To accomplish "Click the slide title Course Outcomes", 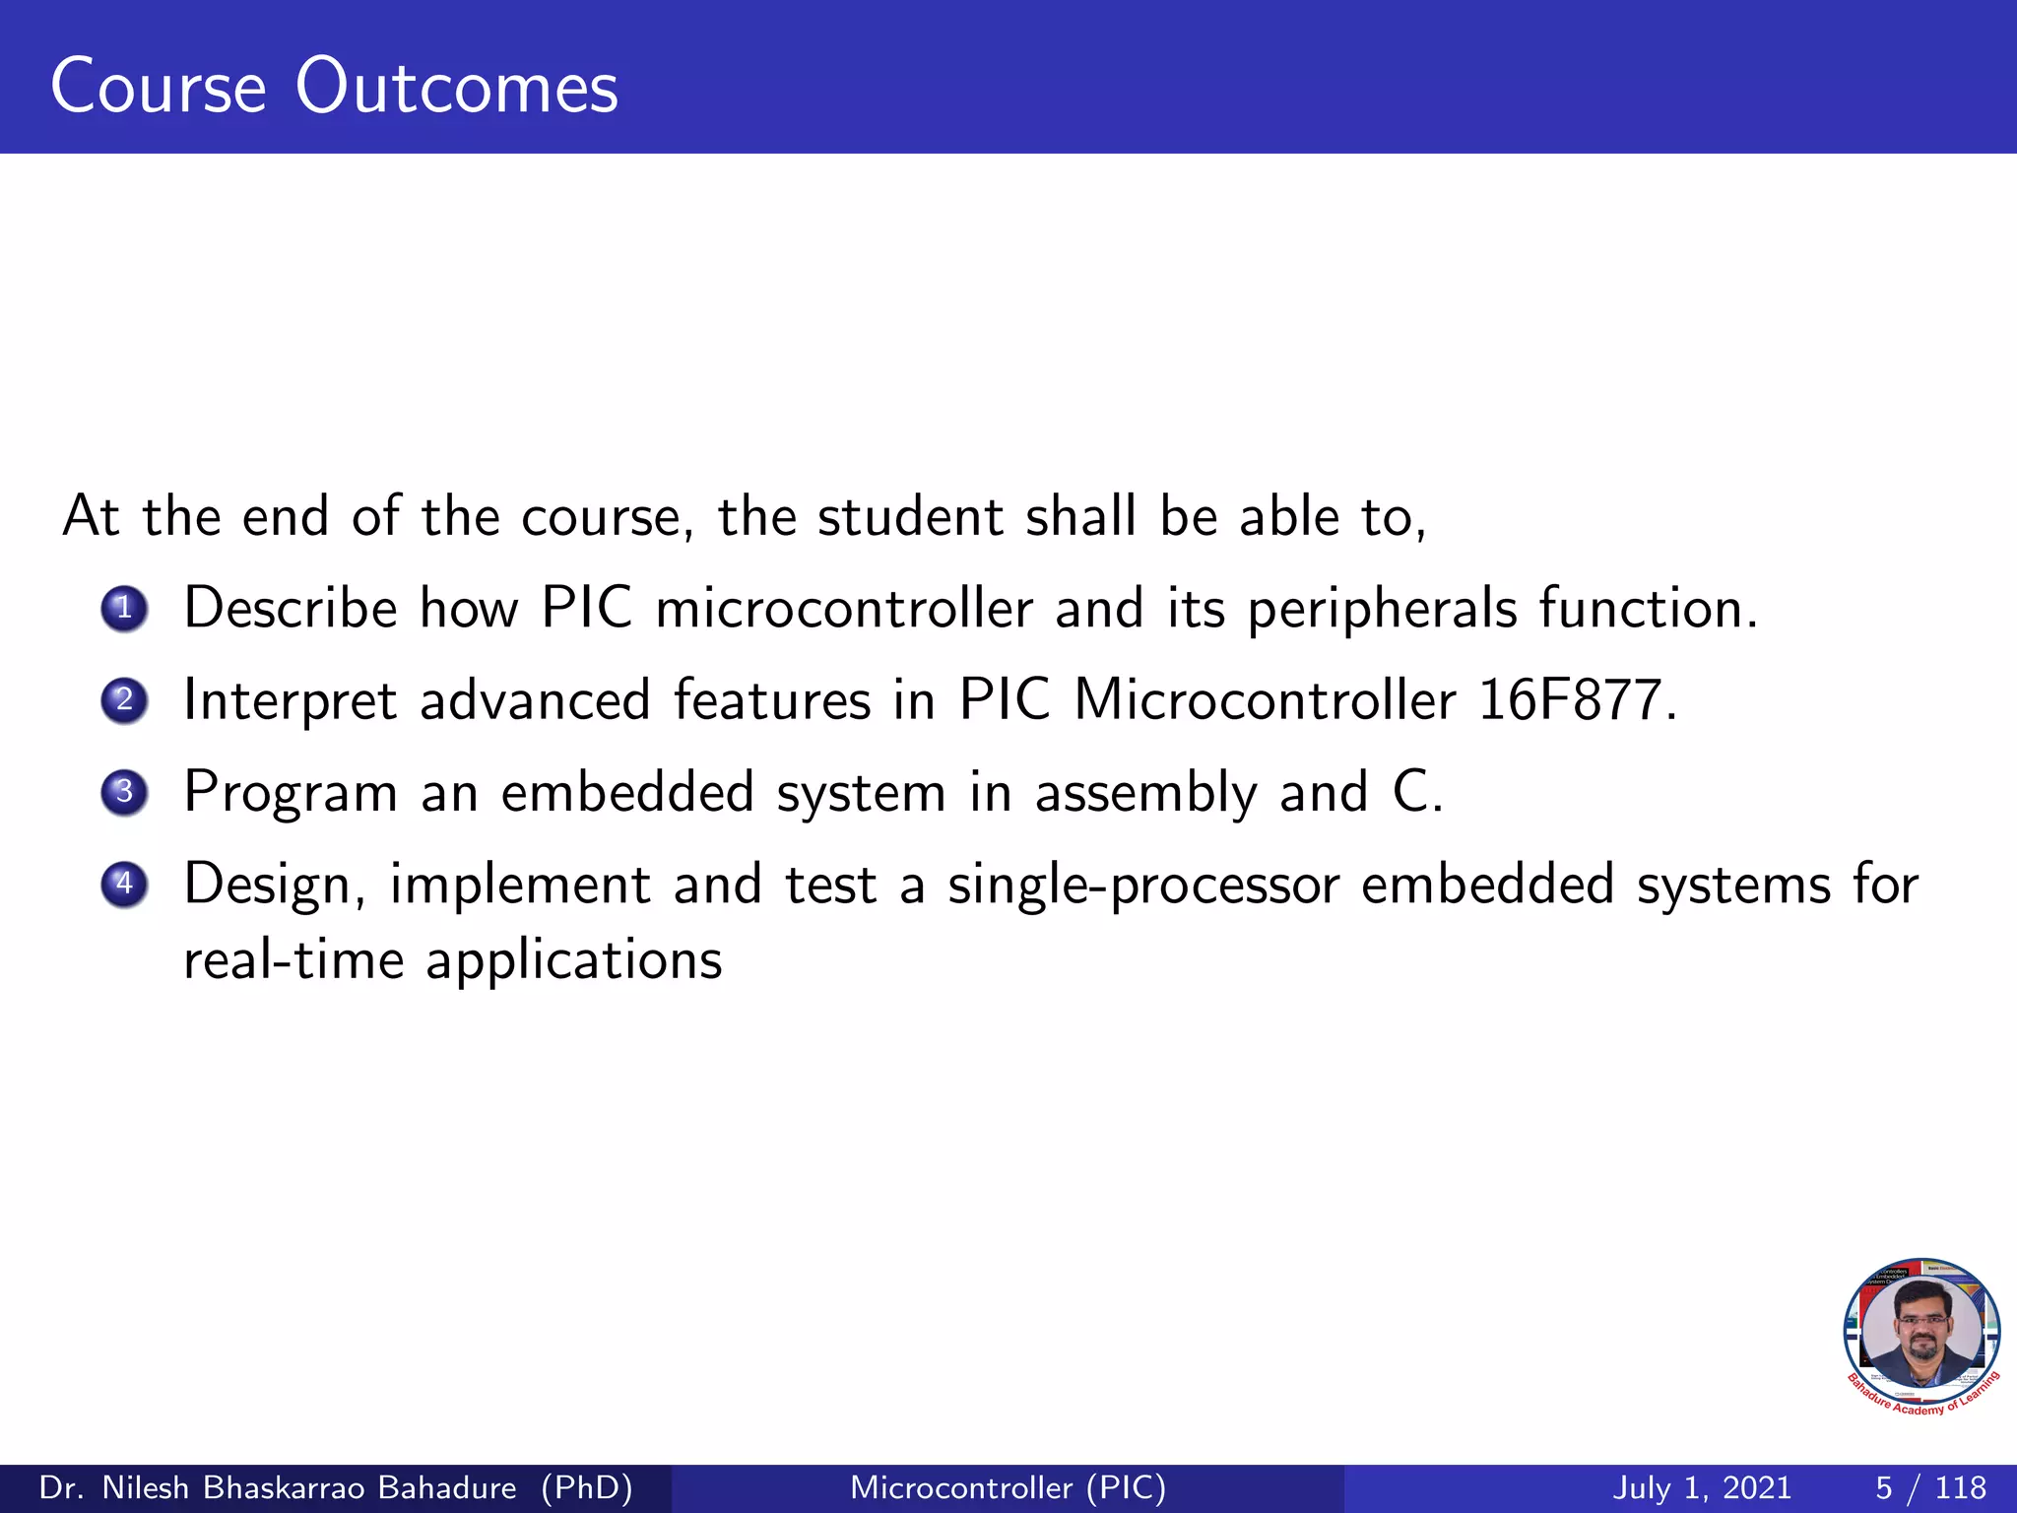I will [x=334, y=87].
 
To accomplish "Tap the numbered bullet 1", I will [x=124, y=609].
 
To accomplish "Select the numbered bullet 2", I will [x=124, y=700].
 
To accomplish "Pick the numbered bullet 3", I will [x=124, y=792].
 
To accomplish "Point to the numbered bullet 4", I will [x=124, y=884].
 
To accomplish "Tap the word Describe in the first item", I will [x=291, y=608].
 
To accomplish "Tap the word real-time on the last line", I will [x=293, y=960].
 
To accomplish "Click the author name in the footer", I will [x=335, y=1487].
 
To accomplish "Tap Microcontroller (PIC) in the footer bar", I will [x=1008, y=1487].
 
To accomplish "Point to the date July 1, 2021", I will [x=1702, y=1487].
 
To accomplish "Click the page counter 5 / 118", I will [x=1930, y=1487].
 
